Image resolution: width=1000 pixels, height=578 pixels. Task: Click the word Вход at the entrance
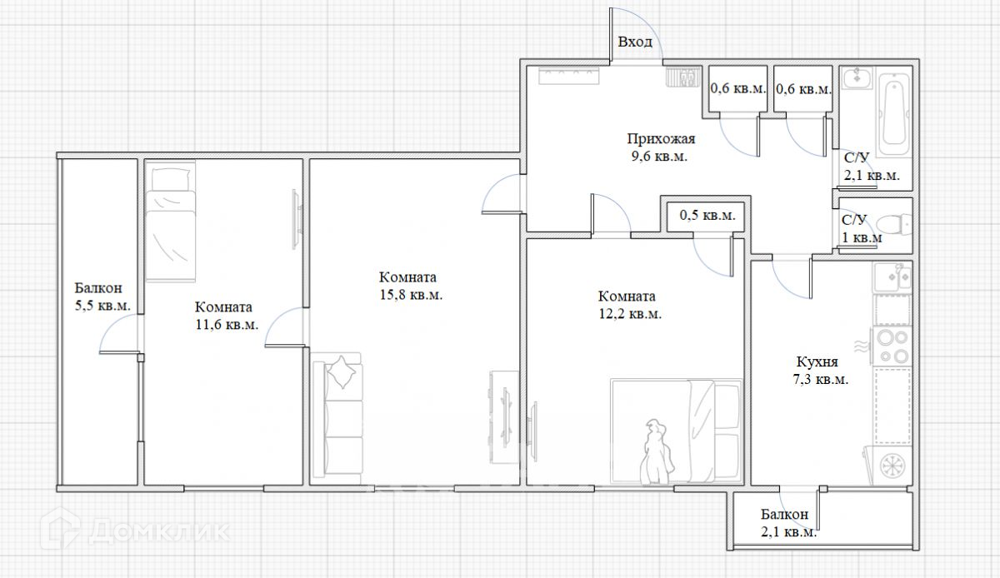coord(635,42)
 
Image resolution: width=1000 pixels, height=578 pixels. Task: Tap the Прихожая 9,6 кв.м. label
coord(661,147)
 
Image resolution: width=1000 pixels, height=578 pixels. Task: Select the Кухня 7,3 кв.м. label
coord(821,370)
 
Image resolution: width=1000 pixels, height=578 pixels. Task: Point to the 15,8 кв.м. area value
coord(411,295)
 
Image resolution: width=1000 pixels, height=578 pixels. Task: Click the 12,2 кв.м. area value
coord(630,314)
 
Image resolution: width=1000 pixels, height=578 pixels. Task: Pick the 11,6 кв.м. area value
coord(227,325)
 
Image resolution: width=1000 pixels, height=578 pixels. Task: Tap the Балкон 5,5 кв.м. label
coord(102,296)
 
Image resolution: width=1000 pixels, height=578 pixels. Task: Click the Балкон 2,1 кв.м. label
coord(789,523)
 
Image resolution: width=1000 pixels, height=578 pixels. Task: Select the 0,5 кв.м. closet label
coord(707,216)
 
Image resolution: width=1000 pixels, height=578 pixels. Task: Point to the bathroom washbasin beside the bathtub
coord(857,78)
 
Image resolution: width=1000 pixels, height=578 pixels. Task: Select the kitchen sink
coord(892,277)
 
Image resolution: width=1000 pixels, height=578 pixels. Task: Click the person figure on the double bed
coord(657,451)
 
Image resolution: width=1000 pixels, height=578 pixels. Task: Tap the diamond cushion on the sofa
coord(342,372)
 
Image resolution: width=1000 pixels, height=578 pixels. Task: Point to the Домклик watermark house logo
coord(60,529)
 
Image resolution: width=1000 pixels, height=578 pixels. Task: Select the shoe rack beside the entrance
coord(684,77)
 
